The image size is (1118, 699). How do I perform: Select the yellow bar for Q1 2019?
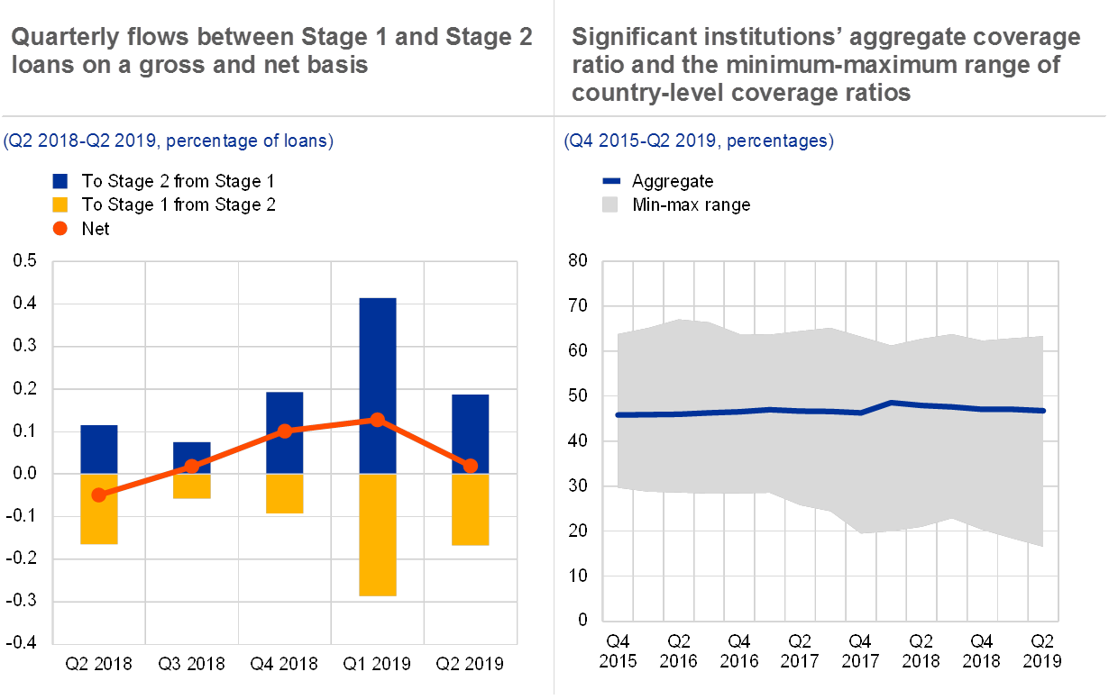click(377, 534)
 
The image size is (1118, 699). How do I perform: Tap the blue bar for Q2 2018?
click(99, 449)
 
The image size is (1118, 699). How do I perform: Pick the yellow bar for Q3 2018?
click(192, 486)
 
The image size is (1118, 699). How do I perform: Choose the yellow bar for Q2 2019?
click(470, 509)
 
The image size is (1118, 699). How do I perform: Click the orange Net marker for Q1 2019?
click(377, 420)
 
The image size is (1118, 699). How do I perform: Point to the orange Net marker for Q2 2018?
click(99, 495)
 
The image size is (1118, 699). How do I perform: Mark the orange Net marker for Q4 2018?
click(285, 431)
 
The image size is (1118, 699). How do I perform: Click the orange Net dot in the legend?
click(60, 229)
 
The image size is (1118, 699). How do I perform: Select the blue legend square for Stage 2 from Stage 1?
click(60, 181)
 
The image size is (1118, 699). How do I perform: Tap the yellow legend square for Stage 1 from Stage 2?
click(60, 205)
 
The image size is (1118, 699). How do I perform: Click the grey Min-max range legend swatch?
click(610, 205)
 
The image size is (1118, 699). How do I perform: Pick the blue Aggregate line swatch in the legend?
click(610, 181)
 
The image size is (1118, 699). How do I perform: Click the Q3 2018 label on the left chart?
click(192, 664)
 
